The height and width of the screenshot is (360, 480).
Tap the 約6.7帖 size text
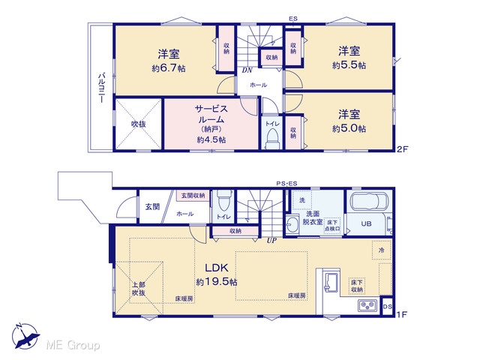pyautogui.click(x=169, y=68)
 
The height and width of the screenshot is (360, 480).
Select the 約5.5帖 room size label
pyautogui.click(x=349, y=65)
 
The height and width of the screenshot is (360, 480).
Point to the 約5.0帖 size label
pyautogui.click(x=349, y=128)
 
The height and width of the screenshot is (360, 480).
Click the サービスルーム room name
pyautogui.click(x=211, y=114)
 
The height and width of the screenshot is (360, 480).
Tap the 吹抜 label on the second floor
pyautogui.click(x=138, y=124)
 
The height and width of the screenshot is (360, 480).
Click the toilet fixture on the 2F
pyautogui.click(x=272, y=137)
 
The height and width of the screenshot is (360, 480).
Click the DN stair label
pyautogui.click(x=247, y=70)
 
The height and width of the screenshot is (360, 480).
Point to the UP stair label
pyautogui.click(x=271, y=241)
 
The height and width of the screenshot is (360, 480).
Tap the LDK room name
pyautogui.click(x=217, y=268)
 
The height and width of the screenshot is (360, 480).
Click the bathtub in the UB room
pyautogui.click(x=370, y=201)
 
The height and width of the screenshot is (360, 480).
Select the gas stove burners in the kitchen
pyautogui.click(x=367, y=305)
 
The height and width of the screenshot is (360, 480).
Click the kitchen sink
pyautogui.click(x=332, y=282)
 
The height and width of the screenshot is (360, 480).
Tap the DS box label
pyautogui.click(x=387, y=306)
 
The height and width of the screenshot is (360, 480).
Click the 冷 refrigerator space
pyautogui.click(x=382, y=250)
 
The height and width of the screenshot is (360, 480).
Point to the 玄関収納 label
pyautogui.click(x=193, y=195)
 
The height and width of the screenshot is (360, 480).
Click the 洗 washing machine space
pyautogui.click(x=302, y=200)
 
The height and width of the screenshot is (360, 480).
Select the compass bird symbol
pyautogui.click(x=25, y=337)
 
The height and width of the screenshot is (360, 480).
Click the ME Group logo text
pyautogui.click(x=73, y=346)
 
